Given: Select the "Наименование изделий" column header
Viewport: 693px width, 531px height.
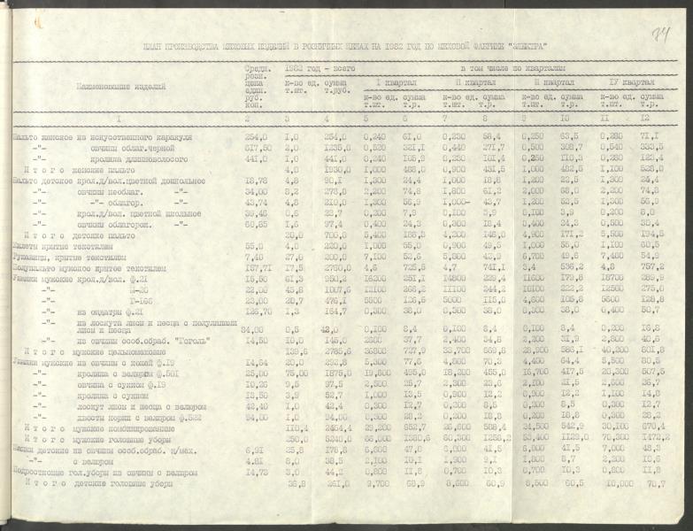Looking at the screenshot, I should tap(102, 89).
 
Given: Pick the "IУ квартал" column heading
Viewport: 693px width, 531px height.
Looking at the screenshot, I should tap(628, 81).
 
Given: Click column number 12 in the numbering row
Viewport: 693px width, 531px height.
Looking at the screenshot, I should tap(645, 118).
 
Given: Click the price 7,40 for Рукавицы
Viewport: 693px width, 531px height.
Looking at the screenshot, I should tap(255, 254).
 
